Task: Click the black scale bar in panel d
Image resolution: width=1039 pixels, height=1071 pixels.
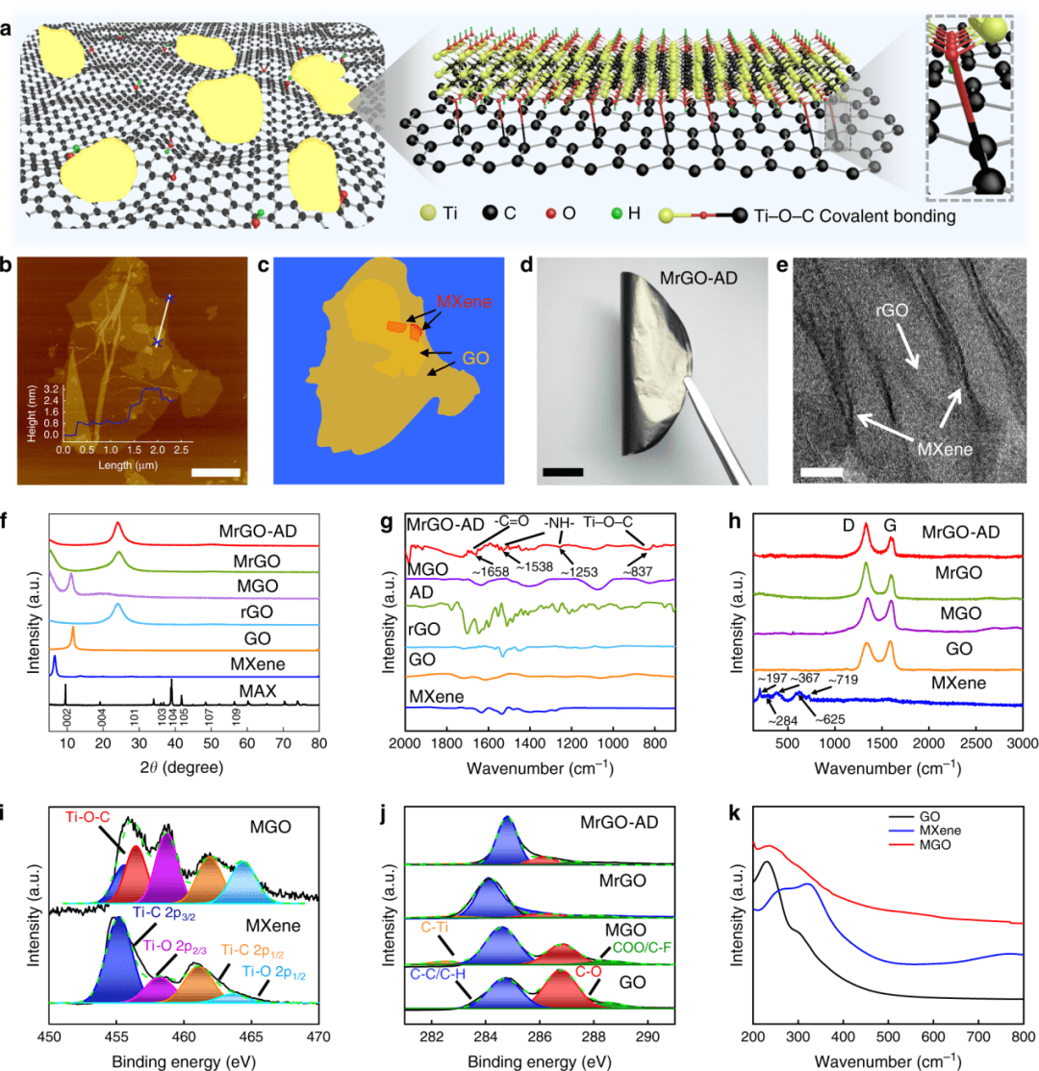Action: [x=563, y=472]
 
